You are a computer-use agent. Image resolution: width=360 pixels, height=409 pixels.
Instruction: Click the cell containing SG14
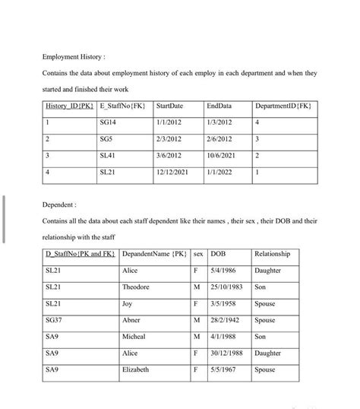click(x=108, y=122)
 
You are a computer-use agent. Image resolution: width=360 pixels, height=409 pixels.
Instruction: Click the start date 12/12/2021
click(x=172, y=173)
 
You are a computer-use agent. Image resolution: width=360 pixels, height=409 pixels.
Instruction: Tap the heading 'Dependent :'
click(x=59, y=204)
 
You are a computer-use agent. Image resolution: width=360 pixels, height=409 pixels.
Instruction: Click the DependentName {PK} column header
click(x=154, y=253)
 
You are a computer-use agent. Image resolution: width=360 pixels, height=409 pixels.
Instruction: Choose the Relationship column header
click(x=273, y=253)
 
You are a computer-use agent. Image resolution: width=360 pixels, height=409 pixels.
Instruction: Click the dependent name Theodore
click(x=136, y=287)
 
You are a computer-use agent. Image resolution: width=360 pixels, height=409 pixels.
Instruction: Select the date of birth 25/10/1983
click(x=228, y=287)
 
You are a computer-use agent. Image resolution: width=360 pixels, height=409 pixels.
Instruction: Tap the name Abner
click(x=131, y=320)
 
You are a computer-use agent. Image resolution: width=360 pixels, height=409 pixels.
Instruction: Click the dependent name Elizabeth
click(x=136, y=369)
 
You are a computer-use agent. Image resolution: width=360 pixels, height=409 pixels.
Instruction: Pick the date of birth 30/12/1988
click(x=228, y=353)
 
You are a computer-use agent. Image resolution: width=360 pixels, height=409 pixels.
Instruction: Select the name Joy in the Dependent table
click(x=127, y=303)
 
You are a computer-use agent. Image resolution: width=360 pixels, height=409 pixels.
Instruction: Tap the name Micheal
click(x=134, y=336)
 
